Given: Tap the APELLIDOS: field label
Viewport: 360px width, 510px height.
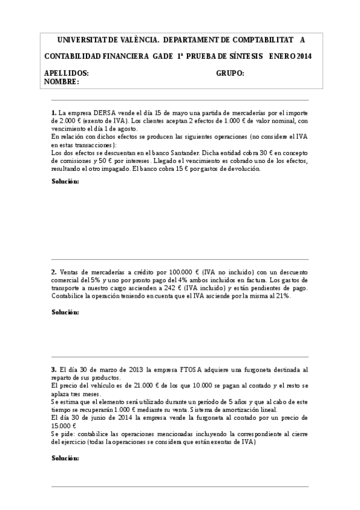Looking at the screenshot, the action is tap(67, 73).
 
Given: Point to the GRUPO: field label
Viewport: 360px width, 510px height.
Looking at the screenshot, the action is tap(230, 73).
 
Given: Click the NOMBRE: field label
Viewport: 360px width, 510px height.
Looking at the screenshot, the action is tap(62, 82).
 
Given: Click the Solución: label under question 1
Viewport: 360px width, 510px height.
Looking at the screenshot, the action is tap(65, 182).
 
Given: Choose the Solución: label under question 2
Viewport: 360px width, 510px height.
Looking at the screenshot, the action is tap(65, 313).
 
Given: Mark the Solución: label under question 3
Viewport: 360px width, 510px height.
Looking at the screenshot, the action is tap(65, 458).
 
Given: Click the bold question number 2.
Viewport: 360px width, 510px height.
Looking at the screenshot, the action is tap(53, 272).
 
